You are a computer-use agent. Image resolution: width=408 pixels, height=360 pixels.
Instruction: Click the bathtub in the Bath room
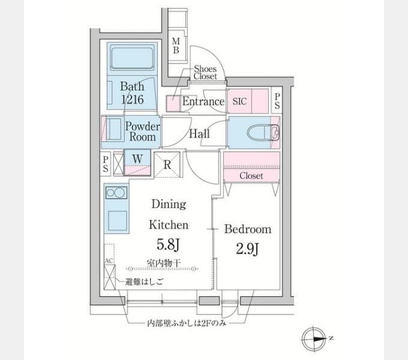(x=132, y=58)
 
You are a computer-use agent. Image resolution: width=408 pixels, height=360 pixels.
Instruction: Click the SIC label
(x=239, y=101)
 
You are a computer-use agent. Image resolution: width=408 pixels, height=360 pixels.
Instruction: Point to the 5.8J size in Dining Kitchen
(x=168, y=244)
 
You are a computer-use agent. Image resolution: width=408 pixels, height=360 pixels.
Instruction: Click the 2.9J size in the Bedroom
(x=247, y=248)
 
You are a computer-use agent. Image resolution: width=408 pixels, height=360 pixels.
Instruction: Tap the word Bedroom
(x=248, y=229)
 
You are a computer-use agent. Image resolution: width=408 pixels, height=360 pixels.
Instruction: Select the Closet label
(x=251, y=176)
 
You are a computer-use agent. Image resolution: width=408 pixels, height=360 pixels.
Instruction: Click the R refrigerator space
(x=167, y=164)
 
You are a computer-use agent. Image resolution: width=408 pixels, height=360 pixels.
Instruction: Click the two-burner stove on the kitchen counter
(x=116, y=193)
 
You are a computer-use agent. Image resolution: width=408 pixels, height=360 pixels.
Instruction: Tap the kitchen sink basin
(x=118, y=221)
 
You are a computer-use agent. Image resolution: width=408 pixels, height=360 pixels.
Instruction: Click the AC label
(x=109, y=260)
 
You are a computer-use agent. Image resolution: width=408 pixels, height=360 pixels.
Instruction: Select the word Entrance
(x=203, y=101)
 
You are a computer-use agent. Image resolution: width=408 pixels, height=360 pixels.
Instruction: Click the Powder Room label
(x=143, y=131)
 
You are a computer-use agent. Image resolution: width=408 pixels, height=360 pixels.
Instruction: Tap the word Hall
(x=199, y=134)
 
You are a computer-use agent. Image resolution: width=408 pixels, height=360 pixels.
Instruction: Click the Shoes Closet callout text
(x=205, y=73)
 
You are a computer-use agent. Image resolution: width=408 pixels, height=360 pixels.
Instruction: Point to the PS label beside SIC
(x=277, y=101)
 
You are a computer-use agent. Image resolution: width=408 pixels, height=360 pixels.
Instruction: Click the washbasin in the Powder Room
(x=113, y=129)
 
